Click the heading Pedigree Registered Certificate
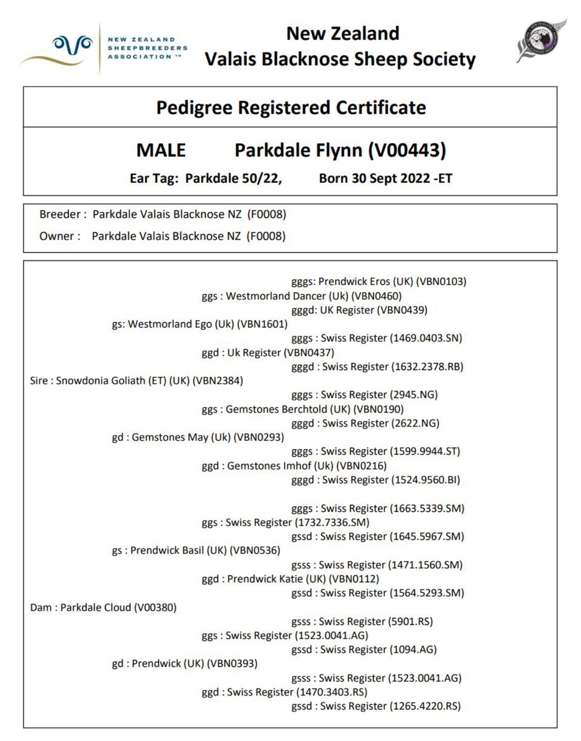pyautogui.click(x=290, y=107)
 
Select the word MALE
pyautogui.click(x=161, y=150)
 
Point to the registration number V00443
pyautogui.click(x=407, y=150)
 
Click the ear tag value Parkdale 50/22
pyautogui.click(x=232, y=178)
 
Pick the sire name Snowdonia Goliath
pyautogui.click(x=111, y=381)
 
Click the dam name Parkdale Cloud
pyautogui.click(x=95, y=608)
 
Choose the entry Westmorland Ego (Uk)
pyautogui.click(x=181, y=324)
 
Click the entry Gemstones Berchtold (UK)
pyautogui.click(x=288, y=409)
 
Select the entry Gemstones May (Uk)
pyautogui.click(x=181, y=437)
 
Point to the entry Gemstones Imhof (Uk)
pyautogui.click(x=280, y=466)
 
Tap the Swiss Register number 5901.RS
pyautogui.click(x=411, y=622)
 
